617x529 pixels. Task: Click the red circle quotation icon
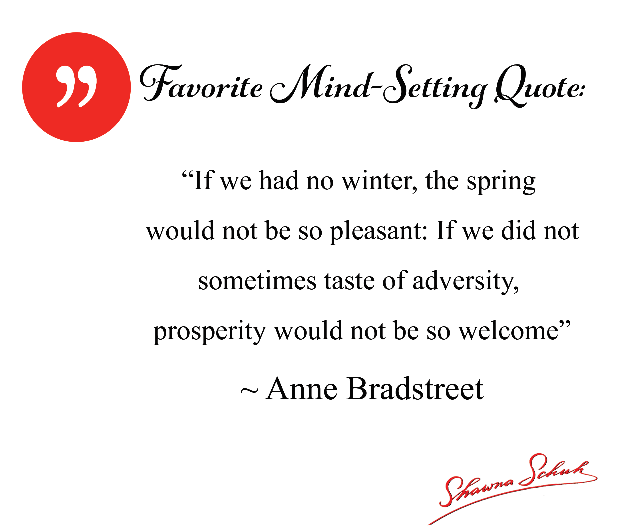pyautogui.click(x=77, y=87)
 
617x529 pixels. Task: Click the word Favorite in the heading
pyautogui.click(x=201, y=83)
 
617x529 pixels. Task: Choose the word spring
pyautogui.click(x=501, y=182)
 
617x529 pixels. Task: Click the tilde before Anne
pyautogui.click(x=249, y=391)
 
